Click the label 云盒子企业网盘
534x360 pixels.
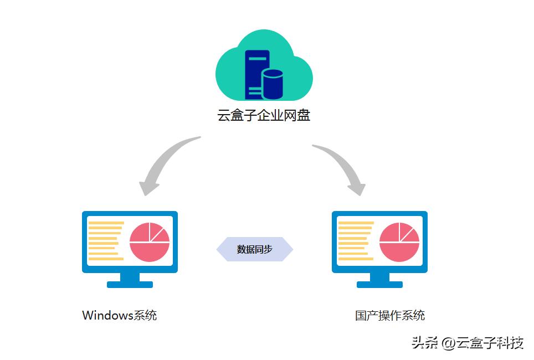pyautogui.click(x=264, y=116)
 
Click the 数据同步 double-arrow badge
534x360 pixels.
pyautogui.click(x=254, y=249)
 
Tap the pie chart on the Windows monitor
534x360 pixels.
pyautogui.click(x=149, y=242)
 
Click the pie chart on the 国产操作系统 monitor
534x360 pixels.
pyautogui.click(x=399, y=242)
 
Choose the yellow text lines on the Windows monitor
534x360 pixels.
pyautogui.click(x=105, y=241)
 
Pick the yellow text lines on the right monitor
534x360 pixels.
pyautogui.click(x=355, y=241)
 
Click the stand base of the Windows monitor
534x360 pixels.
pyautogui.click(x=130, y=284)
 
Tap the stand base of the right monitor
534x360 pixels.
pyautogui.click(x=379, y=284)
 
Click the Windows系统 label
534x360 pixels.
pyautogui.click(x=119, y=316)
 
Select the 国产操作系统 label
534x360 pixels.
pyautogui.click(x=390, y=316)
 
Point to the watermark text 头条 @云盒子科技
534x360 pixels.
pyautogui.click(x=467, y=343)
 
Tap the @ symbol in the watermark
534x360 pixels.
pyautogui.click(x=448, y=343)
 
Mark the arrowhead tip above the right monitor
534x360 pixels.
pyautogui.click(x=361, y=194)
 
